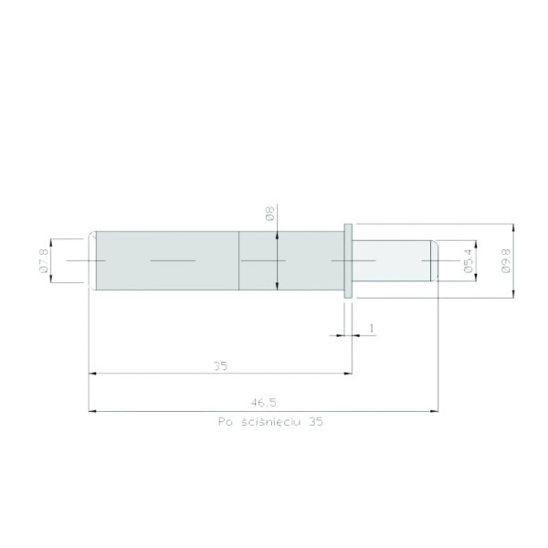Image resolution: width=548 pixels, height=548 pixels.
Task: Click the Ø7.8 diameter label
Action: [x=44, y=260]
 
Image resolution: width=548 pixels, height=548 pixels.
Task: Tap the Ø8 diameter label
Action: [x=269, y=213]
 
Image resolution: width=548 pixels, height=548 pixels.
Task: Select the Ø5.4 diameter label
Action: [x=468, y=260]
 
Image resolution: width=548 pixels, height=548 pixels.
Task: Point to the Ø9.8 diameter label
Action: [x=505, y=260]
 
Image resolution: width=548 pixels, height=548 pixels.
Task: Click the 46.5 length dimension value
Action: [x=264, y=403]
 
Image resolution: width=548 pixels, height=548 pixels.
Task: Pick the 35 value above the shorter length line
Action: [x=220, y=366]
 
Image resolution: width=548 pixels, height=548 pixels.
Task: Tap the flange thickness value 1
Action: [x=372, y=328]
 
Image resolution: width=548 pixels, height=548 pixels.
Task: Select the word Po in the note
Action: [x=226, y=421]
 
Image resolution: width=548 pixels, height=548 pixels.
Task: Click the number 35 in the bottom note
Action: [x=316, y=421]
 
